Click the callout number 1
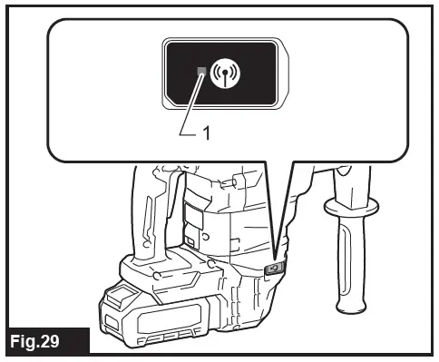[207, 132]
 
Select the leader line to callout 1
[189, 104]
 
